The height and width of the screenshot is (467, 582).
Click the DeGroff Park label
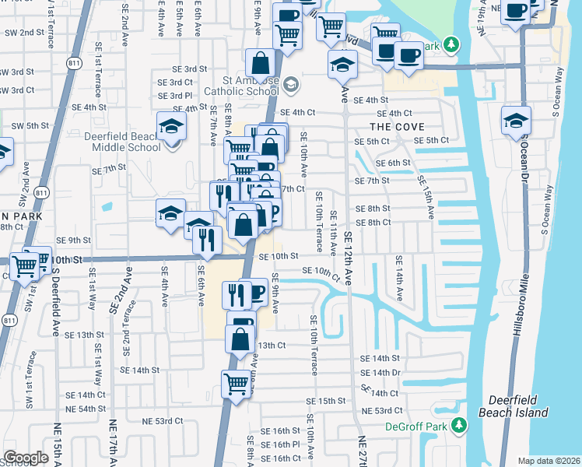[x=417, y=427]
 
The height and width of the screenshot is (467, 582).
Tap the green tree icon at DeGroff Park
[x=458, y=425]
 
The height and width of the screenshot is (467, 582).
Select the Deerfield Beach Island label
[x=513, y=406]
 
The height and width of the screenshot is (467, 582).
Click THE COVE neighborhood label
[x=397, y=127]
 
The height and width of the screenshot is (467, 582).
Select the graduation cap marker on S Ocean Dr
[x=516, y=121]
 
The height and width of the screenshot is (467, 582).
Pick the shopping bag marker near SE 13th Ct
[x=240, y=339]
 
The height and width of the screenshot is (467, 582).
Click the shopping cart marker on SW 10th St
[x=26, y=266]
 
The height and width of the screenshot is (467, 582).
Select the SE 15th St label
[x=325, y=401]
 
